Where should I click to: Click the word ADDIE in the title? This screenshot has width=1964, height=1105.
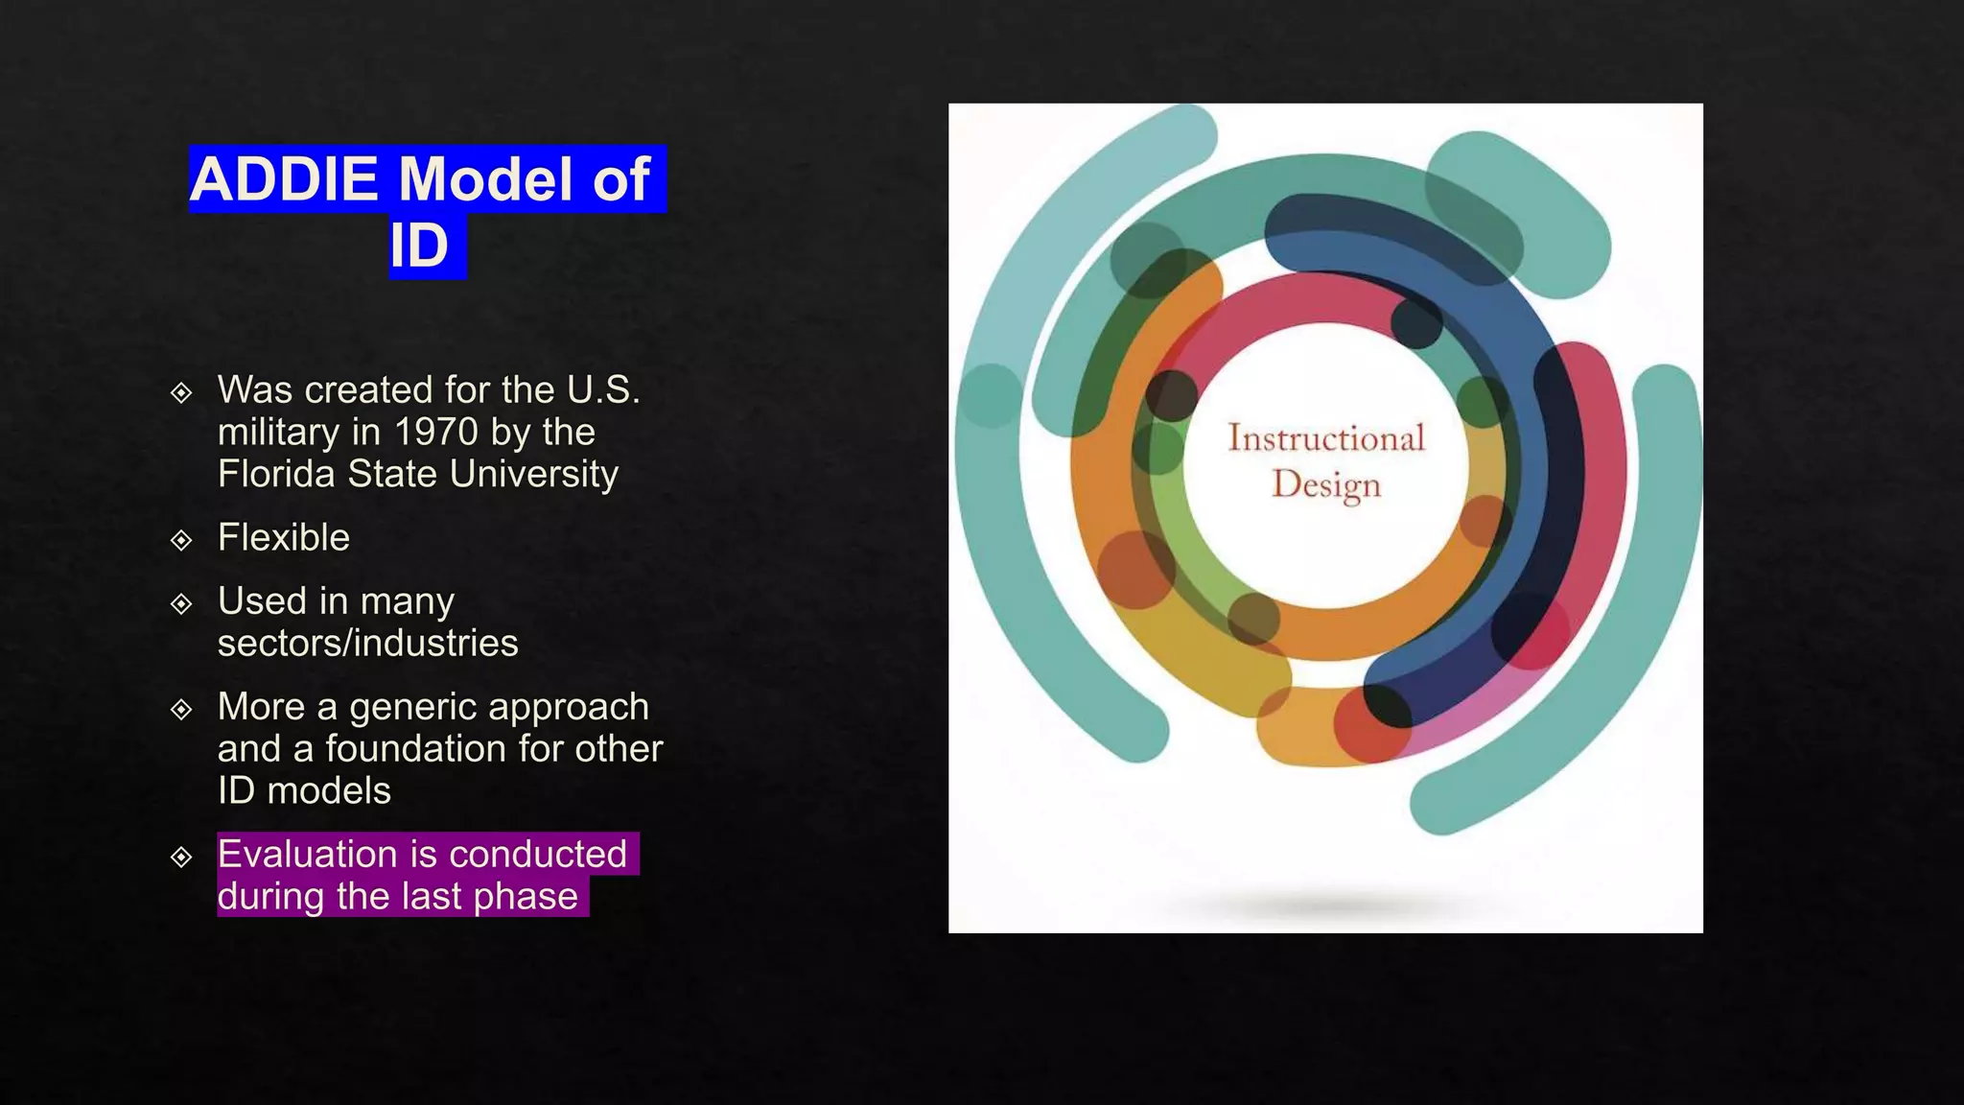[284, 179]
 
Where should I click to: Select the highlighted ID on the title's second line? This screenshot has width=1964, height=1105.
[419, 247]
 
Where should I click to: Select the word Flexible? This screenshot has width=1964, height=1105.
[283, 538]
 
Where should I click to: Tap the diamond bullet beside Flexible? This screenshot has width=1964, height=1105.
[181, 540]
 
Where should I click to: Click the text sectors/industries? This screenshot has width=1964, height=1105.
[367, 644]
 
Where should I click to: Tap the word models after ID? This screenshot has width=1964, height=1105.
[329, 791]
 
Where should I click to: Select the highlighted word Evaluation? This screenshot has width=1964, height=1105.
[307, 854]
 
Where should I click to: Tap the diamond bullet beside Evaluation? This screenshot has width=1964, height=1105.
[181, 857]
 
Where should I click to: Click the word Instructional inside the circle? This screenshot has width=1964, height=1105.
[1326, 439]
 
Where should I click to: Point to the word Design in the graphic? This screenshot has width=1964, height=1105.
[1326, 485]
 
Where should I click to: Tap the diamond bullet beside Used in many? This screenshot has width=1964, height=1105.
[181, 603]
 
